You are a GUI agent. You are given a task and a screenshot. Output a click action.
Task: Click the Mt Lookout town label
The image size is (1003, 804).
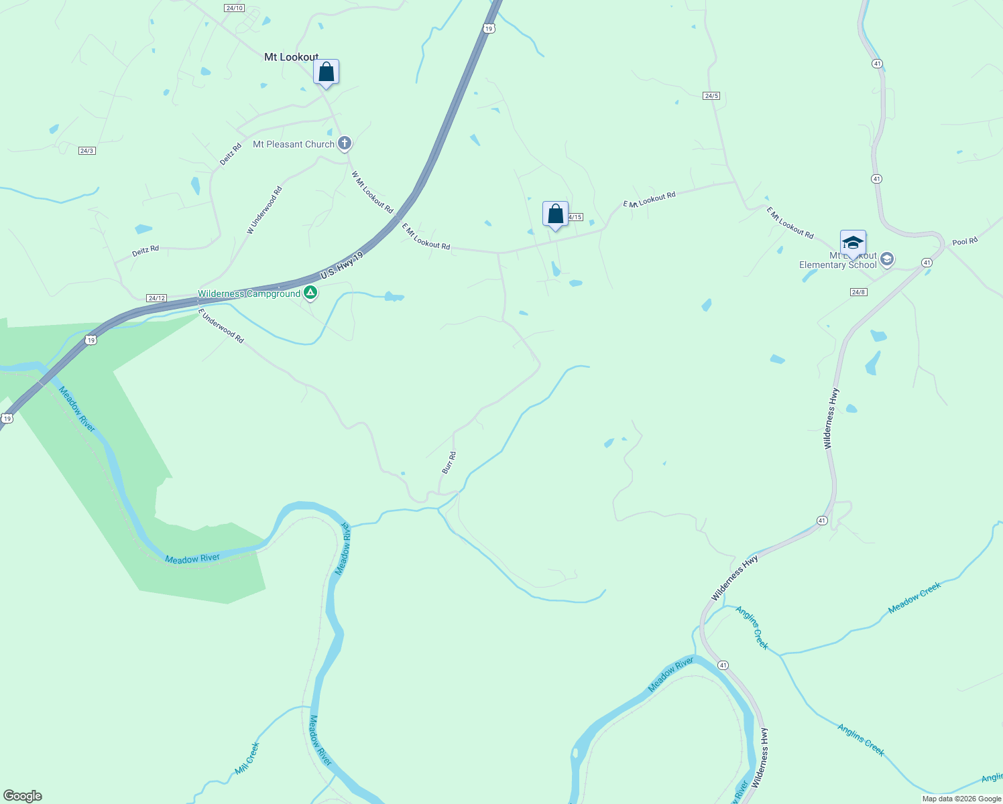coord(291,58)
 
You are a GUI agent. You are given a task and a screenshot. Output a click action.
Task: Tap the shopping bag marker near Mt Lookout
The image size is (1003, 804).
coord(326,72)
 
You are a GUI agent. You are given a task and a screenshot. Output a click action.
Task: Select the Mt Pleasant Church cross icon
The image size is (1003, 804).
coord(345,143)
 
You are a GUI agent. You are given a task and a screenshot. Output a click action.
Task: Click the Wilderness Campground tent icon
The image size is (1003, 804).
coord(310,292)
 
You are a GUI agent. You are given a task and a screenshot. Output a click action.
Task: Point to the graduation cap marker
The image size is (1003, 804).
coord(852,243)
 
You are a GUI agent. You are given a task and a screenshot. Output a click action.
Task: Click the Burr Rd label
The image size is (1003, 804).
coord(449,463)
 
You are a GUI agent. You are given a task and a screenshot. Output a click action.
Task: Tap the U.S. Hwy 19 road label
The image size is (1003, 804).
coord(341,265)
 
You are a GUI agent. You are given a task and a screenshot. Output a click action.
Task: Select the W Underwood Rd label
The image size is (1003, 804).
coord(265,210)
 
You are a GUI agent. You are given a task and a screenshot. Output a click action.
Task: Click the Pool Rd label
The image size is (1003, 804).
coord(965,241)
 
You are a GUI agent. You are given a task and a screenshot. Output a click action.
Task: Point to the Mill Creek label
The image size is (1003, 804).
coord(247,758)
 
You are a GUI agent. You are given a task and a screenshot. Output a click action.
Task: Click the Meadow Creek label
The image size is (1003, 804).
coord(914,598)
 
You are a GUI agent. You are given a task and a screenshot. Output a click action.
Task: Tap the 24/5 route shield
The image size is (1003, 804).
coord(711,96)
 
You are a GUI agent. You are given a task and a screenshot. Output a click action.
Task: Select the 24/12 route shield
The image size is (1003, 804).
coord(156,297)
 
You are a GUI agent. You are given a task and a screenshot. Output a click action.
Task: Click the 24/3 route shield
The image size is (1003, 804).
coord(86,151)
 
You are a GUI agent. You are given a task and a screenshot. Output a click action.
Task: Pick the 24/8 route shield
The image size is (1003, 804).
coord(858,292)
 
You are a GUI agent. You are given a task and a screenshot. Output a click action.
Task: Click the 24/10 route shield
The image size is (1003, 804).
coord(234,8)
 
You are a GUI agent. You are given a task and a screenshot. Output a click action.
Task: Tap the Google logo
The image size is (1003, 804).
coord(23,796)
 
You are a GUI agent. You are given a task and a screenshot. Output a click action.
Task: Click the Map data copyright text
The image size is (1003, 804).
coord(961,799)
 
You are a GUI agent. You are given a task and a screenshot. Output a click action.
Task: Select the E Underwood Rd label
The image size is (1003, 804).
coord(221,326)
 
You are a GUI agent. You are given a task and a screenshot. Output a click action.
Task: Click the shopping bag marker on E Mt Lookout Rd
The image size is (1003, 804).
coord(555,214)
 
